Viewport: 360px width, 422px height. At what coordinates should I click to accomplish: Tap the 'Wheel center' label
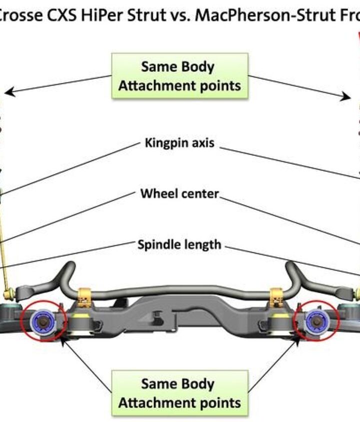[x=179, y=193]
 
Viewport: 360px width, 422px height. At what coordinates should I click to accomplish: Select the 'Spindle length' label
[x=179, y=245]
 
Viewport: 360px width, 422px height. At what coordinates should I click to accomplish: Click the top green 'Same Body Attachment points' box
[x=179, y=76]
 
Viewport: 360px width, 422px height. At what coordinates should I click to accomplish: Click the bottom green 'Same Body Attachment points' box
[x=179, y=393]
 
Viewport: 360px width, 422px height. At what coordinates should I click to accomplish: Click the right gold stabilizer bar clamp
[x=276, y=297]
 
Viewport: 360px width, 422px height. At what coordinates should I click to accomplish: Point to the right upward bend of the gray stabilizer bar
[x=291, y=272]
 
